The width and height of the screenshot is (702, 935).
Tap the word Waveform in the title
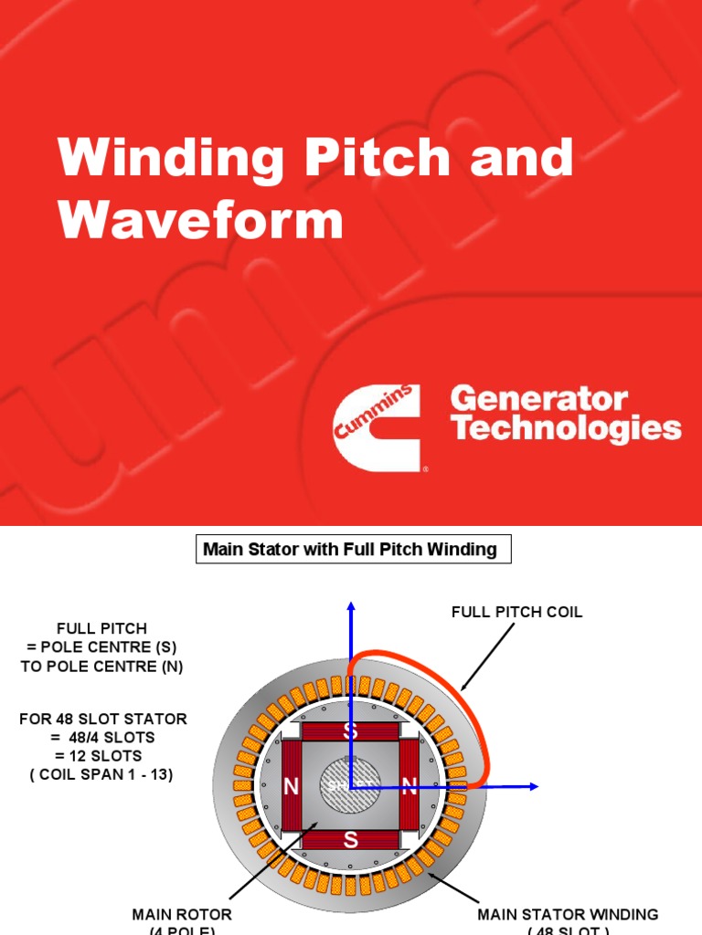(x=200, y=220)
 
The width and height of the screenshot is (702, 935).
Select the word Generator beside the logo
(x=539, y=399)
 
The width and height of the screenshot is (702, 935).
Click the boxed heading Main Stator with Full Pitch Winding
(x=350, y=550)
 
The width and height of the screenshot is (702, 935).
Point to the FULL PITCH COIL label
(x=516, y=613)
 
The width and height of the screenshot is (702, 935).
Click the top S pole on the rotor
(x=350, y=731)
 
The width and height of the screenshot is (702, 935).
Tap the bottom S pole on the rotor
(x=350, y=841)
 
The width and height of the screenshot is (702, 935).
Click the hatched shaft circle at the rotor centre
(x=350, y=786)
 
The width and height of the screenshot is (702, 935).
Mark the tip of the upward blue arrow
(x=350, y=604)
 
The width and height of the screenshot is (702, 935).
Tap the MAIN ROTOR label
(x=182, y=914)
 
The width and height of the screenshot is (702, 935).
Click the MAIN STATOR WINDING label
(x=568, y=914)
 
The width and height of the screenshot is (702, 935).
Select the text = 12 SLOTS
(x=102, y=756)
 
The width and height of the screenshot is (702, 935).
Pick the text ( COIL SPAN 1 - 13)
(x=102, y=775)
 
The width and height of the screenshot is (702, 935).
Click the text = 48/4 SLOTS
(x=102, y=738)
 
